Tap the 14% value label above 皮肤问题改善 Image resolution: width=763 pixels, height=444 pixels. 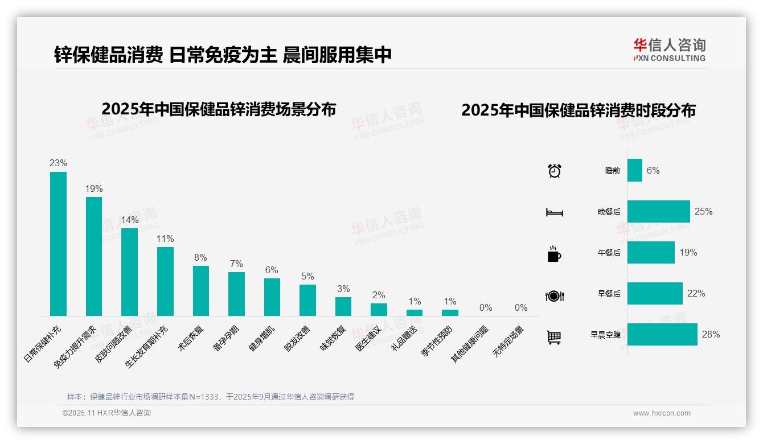[x=129, y=220]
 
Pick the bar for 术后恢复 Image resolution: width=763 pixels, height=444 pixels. [x=200, y=291]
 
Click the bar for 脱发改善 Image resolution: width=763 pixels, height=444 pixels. [x=307, y=300]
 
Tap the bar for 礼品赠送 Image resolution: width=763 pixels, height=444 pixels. [x=415, y=313]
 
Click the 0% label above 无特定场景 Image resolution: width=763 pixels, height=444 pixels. [x=521, y=308]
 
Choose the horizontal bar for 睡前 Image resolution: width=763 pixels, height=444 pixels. [x=635, y=170]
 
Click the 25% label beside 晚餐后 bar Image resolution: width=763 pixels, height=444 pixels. [x=703, y=211]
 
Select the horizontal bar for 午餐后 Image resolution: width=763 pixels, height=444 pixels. [x=651, y=252]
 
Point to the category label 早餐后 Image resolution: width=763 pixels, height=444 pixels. [x=609, y=294]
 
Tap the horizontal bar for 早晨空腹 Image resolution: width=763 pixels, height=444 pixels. [x=662, y=334]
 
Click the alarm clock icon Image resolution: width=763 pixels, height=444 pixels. [x=555, y=170]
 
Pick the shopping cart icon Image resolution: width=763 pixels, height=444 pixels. [x=554, y=337]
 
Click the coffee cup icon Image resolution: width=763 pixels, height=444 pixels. [x=554, y=254]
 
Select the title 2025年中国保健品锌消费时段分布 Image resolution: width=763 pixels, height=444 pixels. [x=579, y=110]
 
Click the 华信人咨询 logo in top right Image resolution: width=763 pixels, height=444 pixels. [x=669, y=50]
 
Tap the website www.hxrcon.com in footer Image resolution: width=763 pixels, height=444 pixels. [x=662, y=413]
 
